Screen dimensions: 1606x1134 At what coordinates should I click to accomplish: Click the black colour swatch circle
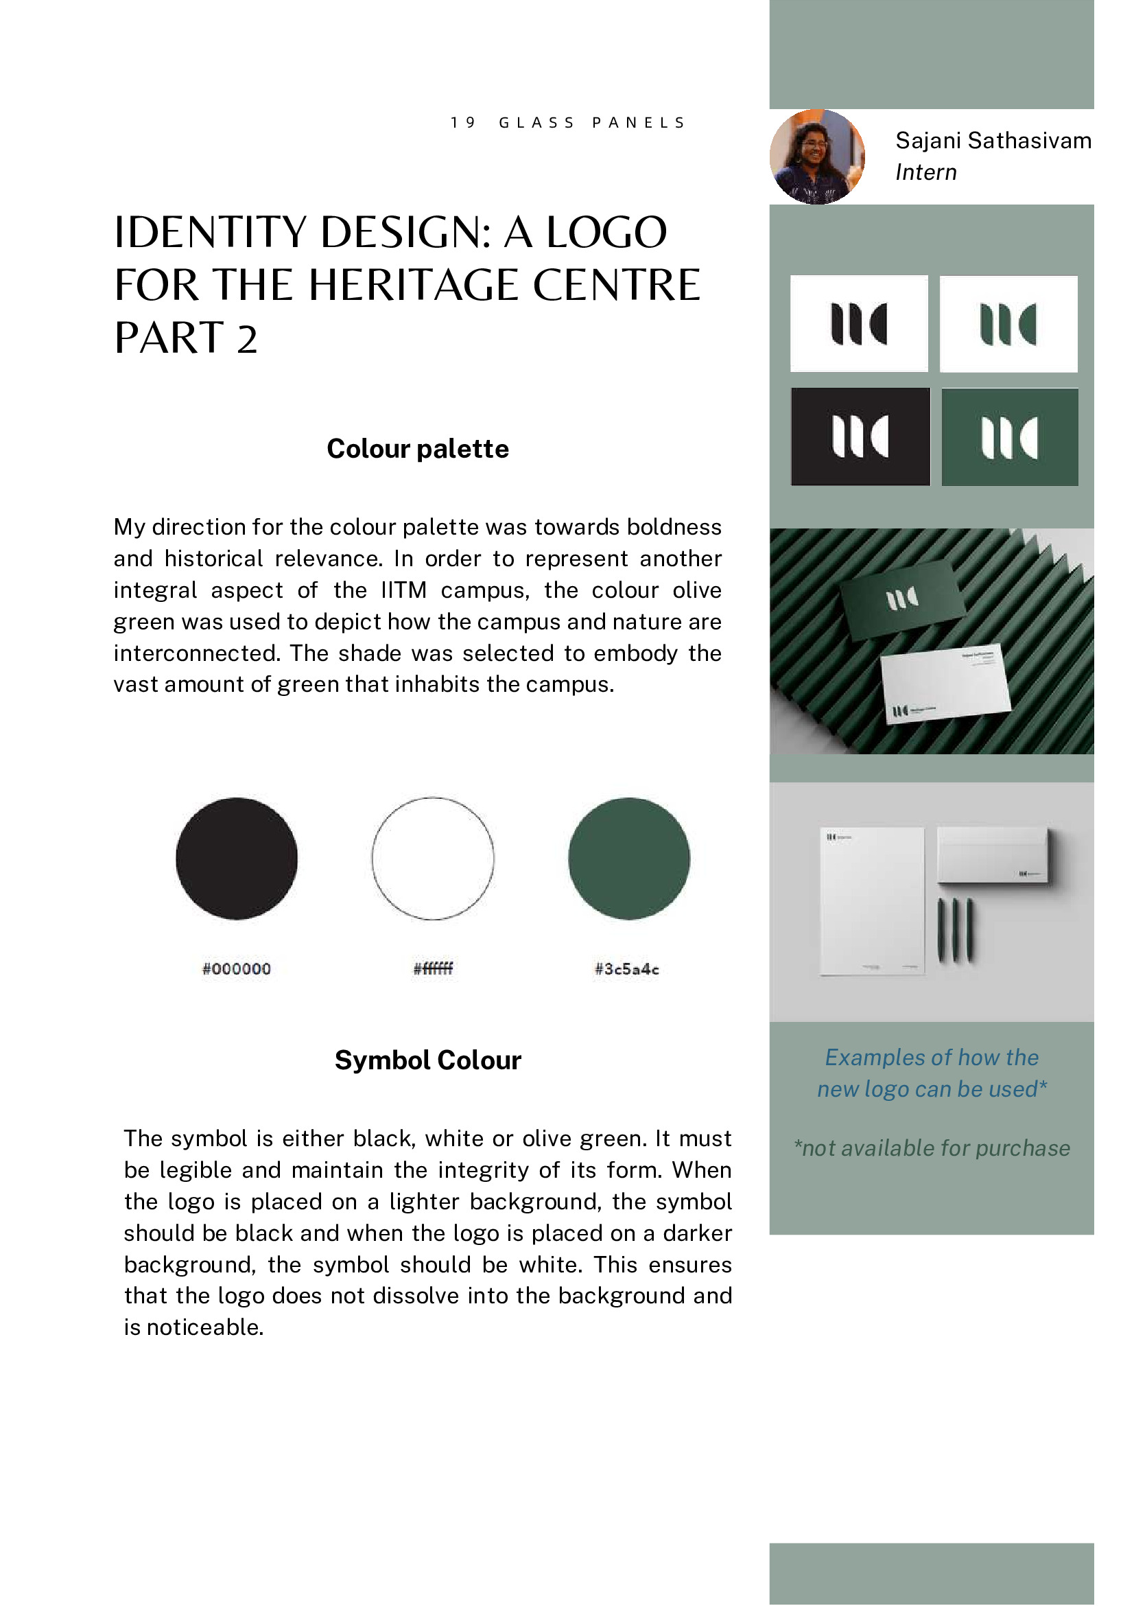point(236,859)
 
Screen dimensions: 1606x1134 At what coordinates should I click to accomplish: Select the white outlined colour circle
point(433,859)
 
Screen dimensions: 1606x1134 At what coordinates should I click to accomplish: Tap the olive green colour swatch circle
point(628,859)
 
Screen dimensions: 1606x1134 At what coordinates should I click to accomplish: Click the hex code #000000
point(236,969)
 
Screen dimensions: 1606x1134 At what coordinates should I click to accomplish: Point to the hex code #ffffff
point(433,969)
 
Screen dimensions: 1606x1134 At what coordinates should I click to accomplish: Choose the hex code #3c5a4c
point(626,969)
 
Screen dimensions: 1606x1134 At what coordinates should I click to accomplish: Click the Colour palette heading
point(417,448)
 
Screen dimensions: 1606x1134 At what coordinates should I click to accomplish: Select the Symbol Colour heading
point(428,1060)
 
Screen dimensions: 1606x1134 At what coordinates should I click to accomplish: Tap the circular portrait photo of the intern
point(816,156)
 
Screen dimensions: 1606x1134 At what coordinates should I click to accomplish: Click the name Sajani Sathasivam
point(993,141)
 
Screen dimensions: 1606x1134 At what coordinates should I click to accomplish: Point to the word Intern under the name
point(925,172)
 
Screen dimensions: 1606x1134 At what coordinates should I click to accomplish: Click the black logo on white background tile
point(858,323)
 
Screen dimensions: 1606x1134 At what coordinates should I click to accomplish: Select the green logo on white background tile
point(1008,324)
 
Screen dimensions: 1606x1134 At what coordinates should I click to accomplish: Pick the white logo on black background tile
point(860,437)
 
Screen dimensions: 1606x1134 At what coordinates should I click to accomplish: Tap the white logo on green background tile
point(1009,437)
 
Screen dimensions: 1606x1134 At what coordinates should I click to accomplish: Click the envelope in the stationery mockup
point(992,854)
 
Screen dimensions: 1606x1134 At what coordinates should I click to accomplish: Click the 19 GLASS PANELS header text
point(568,123)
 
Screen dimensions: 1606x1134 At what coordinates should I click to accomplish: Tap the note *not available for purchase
point(931,1148)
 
